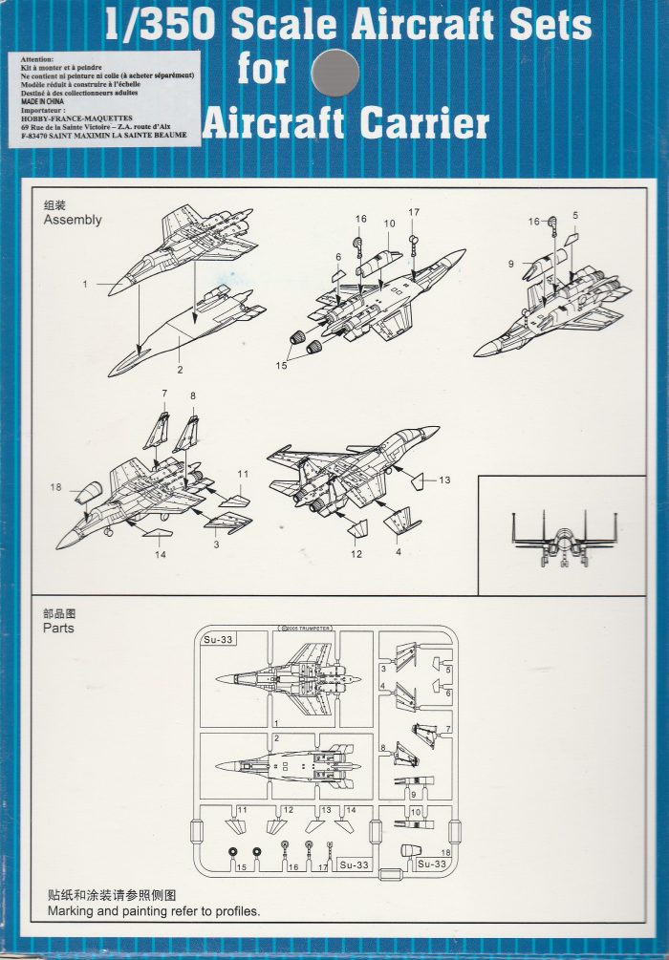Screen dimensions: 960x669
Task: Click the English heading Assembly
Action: pos(73,220)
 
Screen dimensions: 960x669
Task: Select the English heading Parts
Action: pos(58,629)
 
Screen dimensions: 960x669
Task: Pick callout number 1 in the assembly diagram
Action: pos(84,284)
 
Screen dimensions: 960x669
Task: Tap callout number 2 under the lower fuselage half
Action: pos(179,368)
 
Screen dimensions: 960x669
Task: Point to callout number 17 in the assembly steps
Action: pos(414,212)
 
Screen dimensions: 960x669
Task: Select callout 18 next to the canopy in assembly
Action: pos(56,487)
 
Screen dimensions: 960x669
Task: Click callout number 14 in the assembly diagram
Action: pos(160,554)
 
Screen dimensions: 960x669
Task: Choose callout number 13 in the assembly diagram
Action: pos(444,480)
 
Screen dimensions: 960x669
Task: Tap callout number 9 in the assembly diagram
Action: pos(512,264)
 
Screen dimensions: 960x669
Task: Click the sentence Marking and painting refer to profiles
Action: pos(153,911)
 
